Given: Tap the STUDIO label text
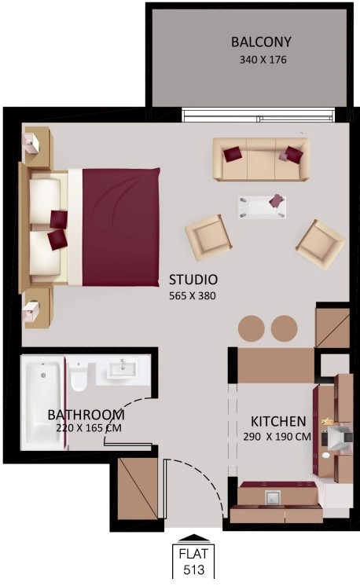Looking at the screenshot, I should pyautogui.click(x=193, y=280).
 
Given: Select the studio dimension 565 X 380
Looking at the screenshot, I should pyautogui.click(x=193, y=296).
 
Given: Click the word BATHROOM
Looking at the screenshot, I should pyautogui.click(x=86, y=414).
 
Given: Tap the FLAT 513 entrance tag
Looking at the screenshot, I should pyautogui.click(x=189, y=562).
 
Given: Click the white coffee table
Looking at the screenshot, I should pyautogui.click(x=259, y=207).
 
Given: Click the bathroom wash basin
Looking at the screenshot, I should pyautogui.click(x=121, y=368).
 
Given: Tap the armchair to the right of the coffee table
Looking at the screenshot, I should pyautogui.click(x=320, y=244).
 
